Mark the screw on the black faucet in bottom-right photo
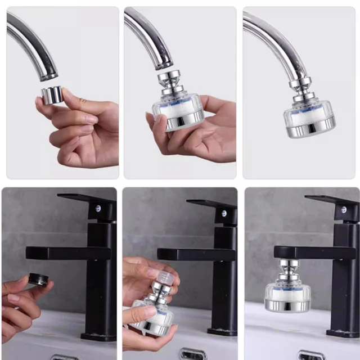point(341,210)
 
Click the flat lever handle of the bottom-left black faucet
point(84,199)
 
